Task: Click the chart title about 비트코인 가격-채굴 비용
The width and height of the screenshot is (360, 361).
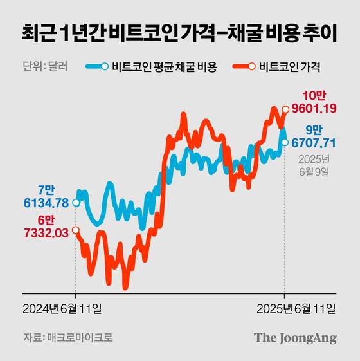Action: point(179,32)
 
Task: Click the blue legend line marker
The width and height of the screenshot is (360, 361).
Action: point(98,66)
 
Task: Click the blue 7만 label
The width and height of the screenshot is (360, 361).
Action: point(48,190)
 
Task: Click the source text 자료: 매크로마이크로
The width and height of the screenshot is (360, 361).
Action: point(63,337)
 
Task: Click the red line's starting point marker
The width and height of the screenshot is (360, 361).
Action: point(76,230)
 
